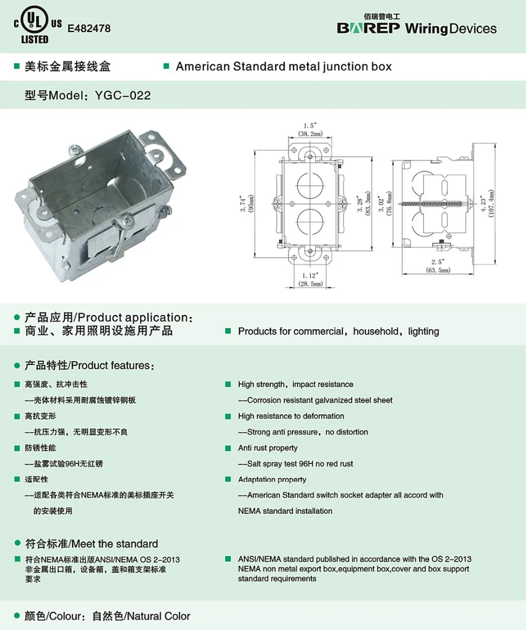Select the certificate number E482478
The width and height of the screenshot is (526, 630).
(89, 28)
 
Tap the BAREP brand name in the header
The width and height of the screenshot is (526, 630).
(368, 28)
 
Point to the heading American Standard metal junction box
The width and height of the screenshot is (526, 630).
(284, 67)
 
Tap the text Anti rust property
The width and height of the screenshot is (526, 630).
(268, 448)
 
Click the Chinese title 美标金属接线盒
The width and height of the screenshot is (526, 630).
(68, 67)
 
